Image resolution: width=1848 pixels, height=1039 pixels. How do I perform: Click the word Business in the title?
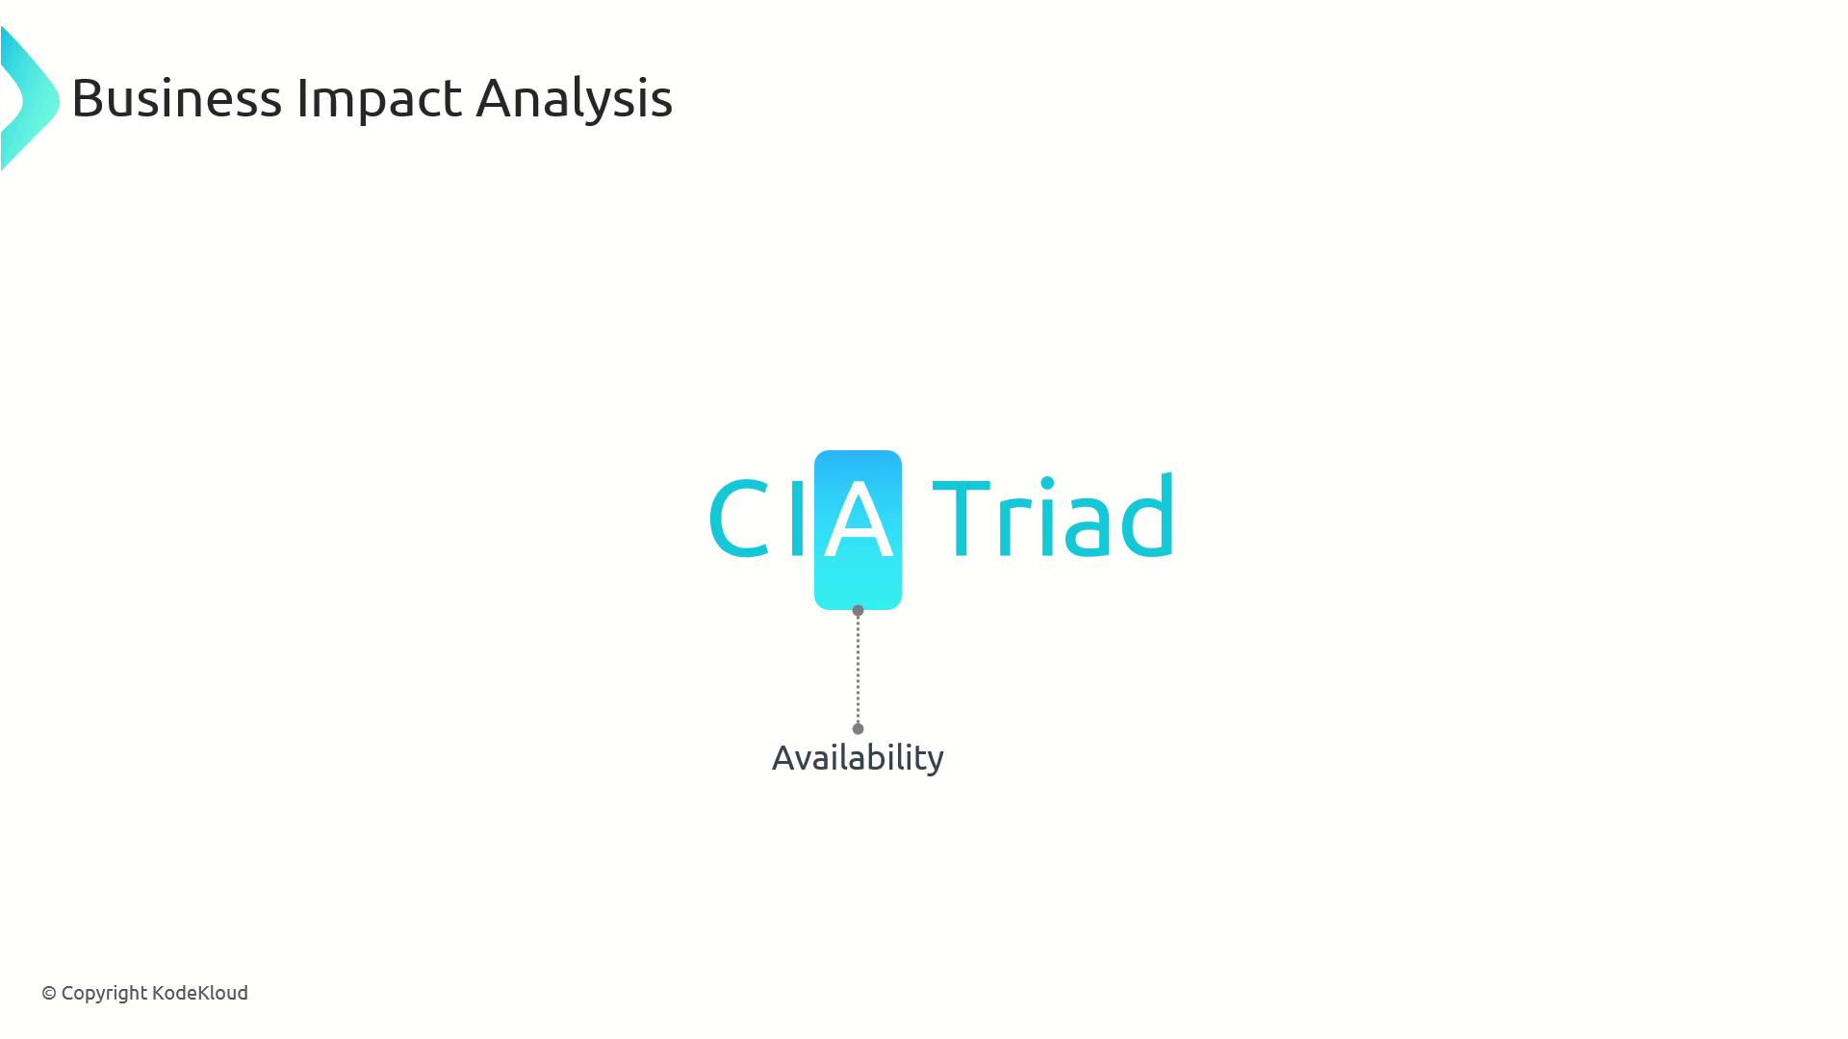177,97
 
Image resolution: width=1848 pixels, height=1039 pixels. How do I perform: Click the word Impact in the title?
379,97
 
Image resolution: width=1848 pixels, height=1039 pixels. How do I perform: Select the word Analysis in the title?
575,99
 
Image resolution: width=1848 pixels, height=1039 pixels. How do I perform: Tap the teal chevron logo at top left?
30,99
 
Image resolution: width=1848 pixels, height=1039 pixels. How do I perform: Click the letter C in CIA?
739,518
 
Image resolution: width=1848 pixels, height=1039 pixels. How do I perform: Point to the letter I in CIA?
797,518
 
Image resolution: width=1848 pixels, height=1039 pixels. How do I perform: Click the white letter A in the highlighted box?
859,519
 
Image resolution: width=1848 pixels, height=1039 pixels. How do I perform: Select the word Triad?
1053,515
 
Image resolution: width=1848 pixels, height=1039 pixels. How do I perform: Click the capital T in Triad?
962,518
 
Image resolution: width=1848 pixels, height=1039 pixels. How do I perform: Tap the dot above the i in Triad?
1047,483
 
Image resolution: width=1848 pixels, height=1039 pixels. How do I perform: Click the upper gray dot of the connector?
859,610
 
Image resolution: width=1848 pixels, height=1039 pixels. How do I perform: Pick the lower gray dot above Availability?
859,728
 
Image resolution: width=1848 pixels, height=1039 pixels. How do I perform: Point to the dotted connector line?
859,670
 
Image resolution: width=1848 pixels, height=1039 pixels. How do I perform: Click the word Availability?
858,758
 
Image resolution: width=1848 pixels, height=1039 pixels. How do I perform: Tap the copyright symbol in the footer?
49,993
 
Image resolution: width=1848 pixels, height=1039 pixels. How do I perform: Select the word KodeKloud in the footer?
200,992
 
